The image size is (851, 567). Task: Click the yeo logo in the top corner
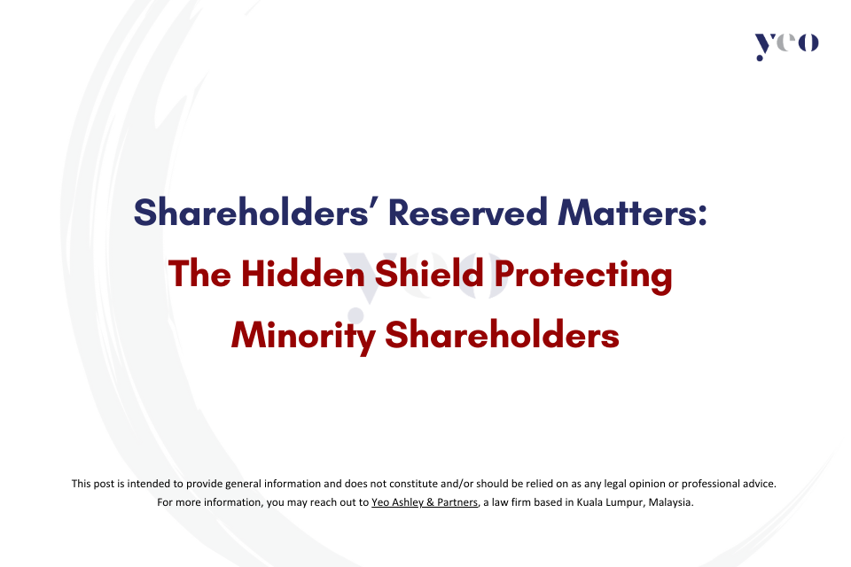click(x=786, y=45)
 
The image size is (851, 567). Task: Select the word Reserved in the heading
click(x=468, y=212)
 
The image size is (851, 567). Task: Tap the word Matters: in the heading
click(x=632, y=212)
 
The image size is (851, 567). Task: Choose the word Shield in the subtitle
click(x=429, y=273)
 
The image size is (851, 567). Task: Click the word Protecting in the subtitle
click(x=583, y=276)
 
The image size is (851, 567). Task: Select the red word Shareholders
click(x=502, y=334)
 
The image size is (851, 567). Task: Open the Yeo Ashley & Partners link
click(x=425, y=502)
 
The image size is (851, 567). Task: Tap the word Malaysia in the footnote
click(x=670, y=502)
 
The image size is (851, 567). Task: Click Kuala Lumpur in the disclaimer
click(x=610, y=502)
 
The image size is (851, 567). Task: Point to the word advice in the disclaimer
click(x=759, y=484)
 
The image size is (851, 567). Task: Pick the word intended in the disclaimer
click(x=149, y=484)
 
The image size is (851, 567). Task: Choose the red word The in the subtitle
click(x=199, y=273)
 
